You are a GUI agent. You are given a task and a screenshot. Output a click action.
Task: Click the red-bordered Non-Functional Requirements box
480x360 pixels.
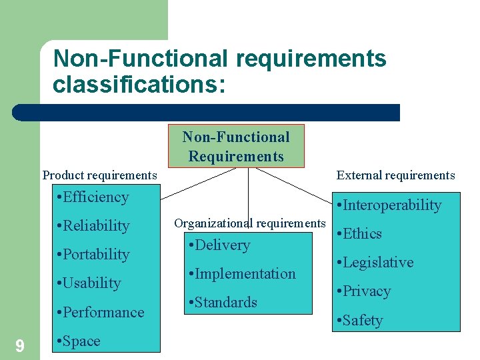[236, 146]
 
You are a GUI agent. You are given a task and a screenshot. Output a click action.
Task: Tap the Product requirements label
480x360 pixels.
[100, 175]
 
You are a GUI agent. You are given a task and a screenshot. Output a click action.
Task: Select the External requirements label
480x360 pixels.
[395, 175]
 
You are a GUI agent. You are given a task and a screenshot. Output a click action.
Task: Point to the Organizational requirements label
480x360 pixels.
[249, 223]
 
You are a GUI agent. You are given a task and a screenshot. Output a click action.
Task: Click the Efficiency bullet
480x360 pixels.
[93, 197]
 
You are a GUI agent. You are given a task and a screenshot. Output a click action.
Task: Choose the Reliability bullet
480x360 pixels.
[93, 226]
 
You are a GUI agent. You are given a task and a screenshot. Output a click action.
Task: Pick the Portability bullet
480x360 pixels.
[93, 255]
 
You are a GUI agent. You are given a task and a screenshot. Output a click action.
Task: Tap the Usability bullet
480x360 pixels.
[89, 283]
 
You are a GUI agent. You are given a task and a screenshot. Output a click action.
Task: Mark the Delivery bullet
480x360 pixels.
[219, 245]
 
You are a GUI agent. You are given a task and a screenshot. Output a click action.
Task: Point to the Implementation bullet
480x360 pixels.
[242, 274]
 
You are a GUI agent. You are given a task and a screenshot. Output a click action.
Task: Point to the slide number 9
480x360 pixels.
[20, 345]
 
